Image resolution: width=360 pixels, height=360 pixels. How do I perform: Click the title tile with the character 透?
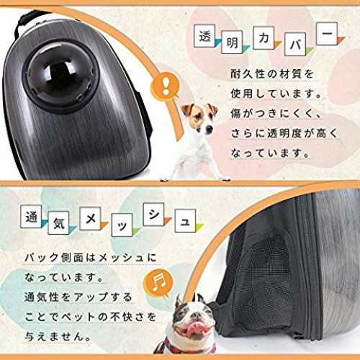coord(204,36)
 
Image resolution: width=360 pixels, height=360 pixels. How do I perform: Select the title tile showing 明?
coord(232,42)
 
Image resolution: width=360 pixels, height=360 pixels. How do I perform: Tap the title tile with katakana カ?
coord(264,38)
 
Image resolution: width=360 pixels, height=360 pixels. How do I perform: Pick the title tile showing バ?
coord(295,44)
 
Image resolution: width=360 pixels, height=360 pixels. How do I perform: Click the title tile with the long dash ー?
coord(327,34)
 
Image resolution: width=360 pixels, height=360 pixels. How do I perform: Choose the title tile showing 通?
coord(31,217)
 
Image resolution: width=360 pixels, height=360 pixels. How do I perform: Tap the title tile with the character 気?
coord(58,223)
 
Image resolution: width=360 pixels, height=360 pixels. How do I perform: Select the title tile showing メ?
coord(90,218)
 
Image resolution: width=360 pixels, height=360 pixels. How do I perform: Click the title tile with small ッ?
coord(122,225)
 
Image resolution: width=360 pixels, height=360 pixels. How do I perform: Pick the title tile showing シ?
coord(153,215)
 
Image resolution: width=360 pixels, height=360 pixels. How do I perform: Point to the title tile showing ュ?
coord(185,221)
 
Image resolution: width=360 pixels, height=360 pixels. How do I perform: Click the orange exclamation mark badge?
coord(165,85)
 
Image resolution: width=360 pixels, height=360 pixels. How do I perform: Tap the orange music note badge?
coord(158,282)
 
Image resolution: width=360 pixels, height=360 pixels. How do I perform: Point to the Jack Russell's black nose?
coord(210,129)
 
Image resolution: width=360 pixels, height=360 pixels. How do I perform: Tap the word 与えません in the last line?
coord(55,336)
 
